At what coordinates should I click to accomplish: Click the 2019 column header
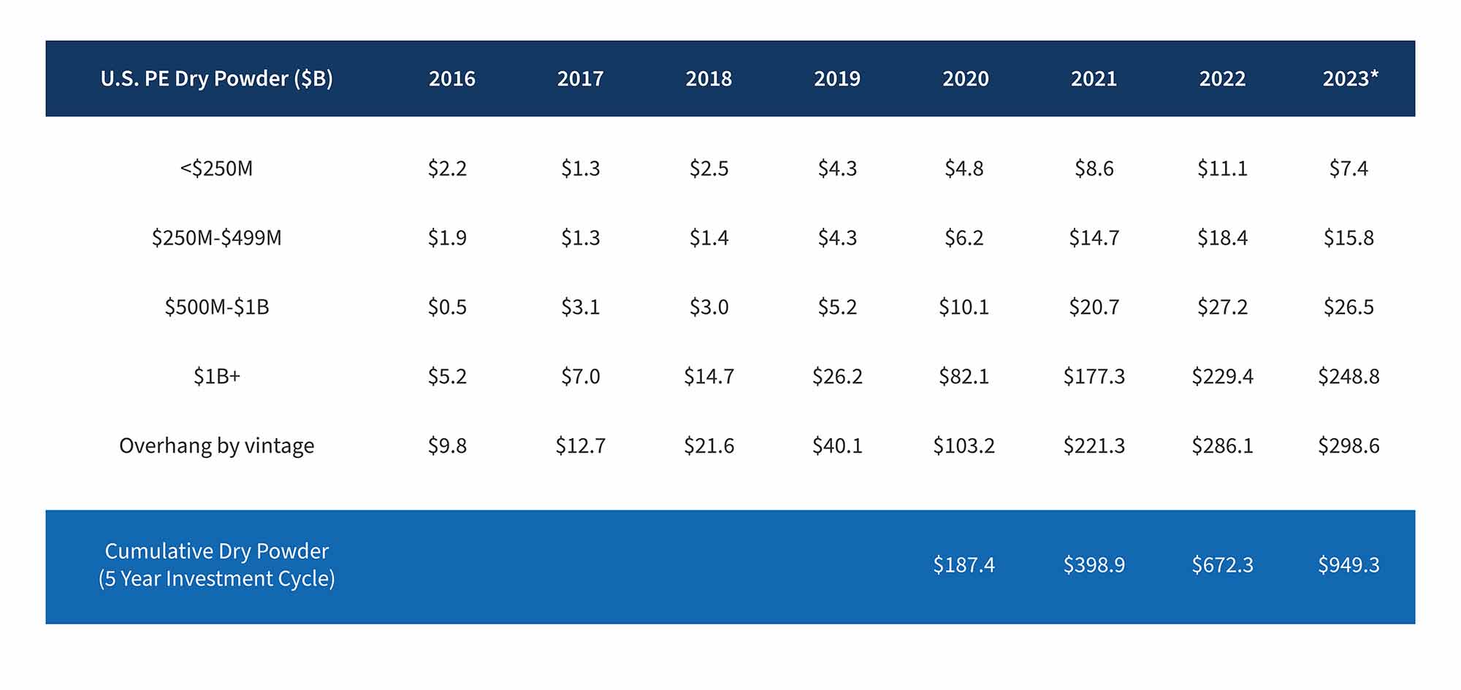837,79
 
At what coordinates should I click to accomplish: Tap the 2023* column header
1350,79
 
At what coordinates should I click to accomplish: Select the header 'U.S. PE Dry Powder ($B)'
216,79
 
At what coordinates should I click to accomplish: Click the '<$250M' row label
216,169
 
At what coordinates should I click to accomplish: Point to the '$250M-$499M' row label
216,238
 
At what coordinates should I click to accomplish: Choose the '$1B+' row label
216,377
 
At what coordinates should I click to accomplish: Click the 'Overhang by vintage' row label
216,445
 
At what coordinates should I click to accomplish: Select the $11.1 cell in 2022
1222,169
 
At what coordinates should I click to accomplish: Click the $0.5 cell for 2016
447,307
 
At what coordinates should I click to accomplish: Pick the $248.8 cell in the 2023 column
1349,377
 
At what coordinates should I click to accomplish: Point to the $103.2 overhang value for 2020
964,445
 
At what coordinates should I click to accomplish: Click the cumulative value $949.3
1349,565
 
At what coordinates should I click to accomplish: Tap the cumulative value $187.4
964,565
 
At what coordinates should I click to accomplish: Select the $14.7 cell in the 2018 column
709,377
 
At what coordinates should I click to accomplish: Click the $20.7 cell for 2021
1094,307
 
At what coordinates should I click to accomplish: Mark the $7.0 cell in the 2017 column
580,377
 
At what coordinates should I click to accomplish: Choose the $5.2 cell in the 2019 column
837,307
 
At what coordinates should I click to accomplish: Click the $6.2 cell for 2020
964,238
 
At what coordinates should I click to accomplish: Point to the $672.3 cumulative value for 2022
1222,565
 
